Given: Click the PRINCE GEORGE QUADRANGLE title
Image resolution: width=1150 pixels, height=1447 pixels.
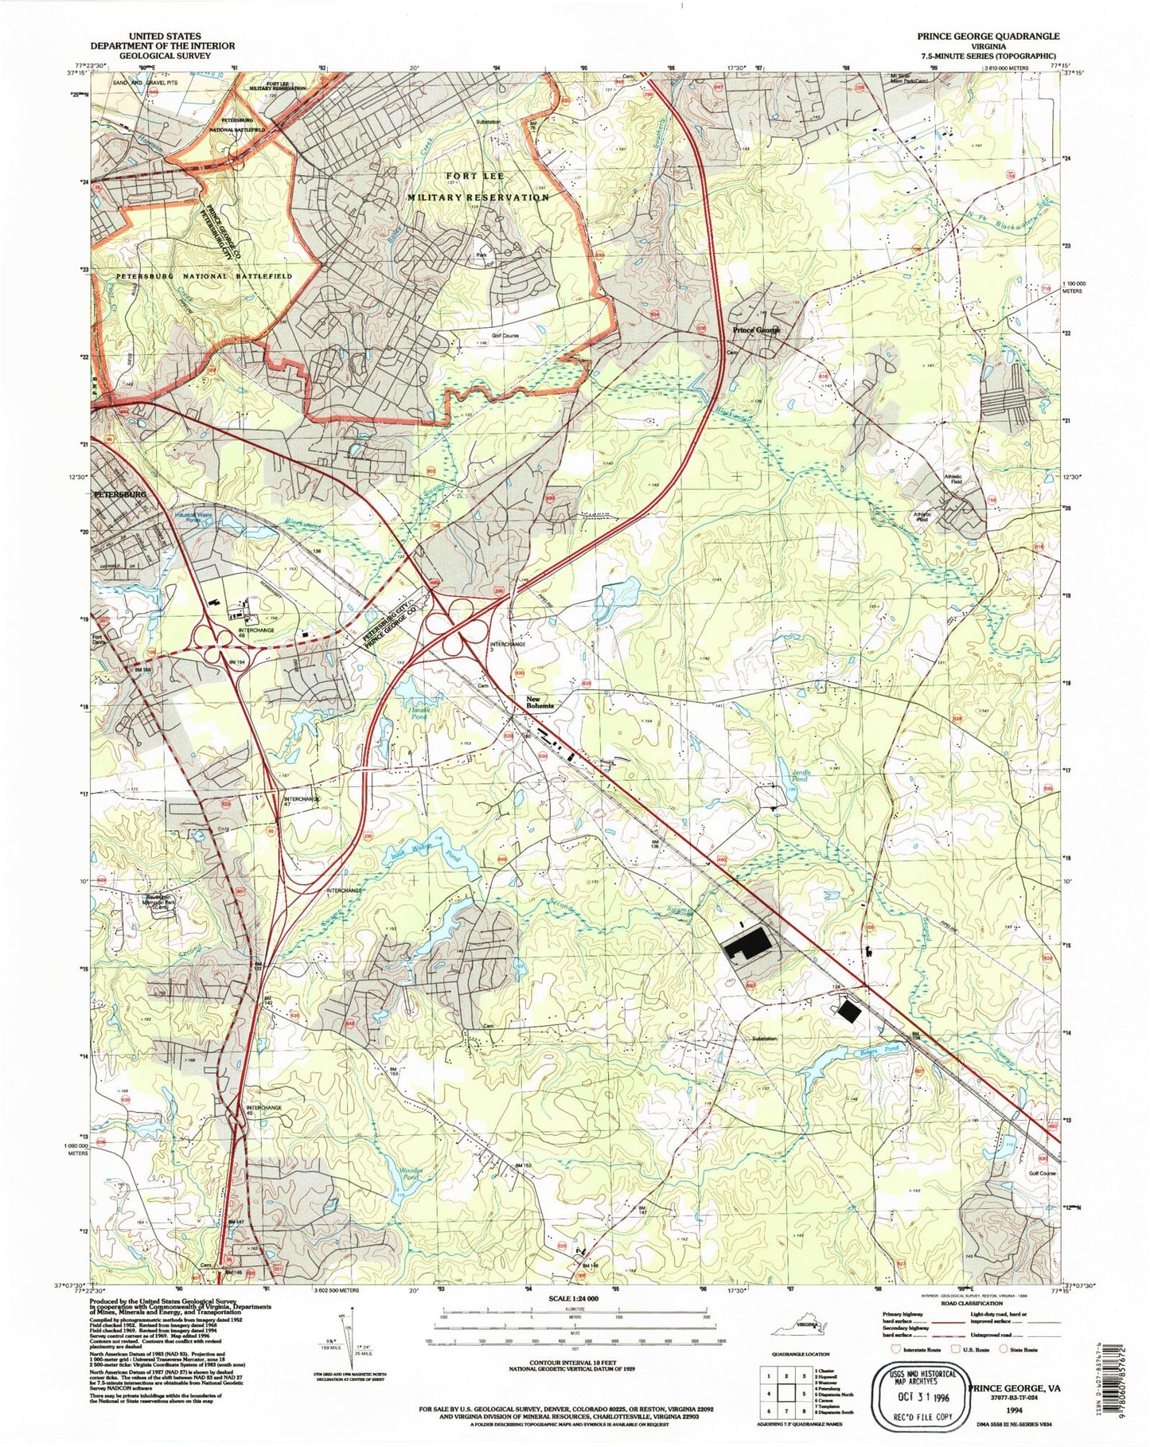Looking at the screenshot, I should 988,36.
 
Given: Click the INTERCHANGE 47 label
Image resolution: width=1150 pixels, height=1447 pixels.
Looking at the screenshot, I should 302,801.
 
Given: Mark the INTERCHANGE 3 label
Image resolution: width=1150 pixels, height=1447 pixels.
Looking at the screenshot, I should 507,647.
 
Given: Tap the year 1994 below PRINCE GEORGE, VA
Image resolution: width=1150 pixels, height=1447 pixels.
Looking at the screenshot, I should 1012,1409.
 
